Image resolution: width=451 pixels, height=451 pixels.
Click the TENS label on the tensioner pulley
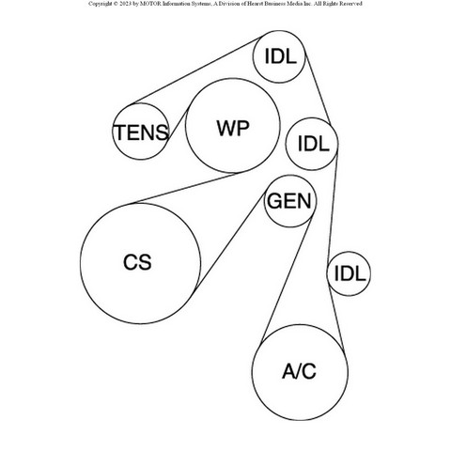click(x=142, y=132)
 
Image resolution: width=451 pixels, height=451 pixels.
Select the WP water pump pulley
click(x=232, y=125)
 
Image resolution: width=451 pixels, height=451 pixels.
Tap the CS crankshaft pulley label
click(x=137, y=262)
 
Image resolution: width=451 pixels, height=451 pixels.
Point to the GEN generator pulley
click(x=290, y=201)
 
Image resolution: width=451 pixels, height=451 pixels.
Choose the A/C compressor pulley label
click(x=299, y=371)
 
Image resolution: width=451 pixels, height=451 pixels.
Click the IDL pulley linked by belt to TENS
click(x=279, y=56)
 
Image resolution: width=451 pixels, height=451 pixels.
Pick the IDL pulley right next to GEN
click(x=312, y=144)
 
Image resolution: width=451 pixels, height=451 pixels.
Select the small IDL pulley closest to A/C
click(x=349, y=273)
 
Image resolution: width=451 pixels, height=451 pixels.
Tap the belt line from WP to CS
click(x=186, y=188)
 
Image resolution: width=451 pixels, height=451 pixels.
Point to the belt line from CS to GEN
click(x=231, y=239)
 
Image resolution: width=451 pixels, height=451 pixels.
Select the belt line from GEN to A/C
click(x=287, y=280)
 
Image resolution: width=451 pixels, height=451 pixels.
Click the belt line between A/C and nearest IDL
click(x=336, y=319)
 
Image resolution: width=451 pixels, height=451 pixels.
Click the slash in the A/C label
click(x=299, y=371)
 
